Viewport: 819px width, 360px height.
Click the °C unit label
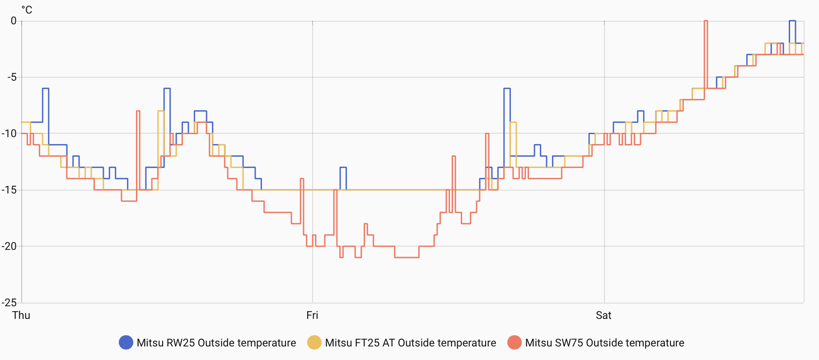27,10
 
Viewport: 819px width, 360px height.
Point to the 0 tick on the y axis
14,21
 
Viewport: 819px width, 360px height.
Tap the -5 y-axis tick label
12,77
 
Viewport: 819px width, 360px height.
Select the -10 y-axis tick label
9,133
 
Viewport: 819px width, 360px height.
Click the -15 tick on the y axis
9,190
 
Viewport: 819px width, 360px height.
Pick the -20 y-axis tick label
9,246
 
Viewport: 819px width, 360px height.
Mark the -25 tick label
9,303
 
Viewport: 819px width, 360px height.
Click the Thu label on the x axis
21,315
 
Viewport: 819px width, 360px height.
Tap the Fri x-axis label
312,315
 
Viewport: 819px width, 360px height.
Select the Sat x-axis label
604,315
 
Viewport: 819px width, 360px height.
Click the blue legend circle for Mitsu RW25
126,343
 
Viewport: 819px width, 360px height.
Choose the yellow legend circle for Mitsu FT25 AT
314,343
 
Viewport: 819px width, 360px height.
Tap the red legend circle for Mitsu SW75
515,343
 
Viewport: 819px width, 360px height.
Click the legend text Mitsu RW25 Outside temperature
216,343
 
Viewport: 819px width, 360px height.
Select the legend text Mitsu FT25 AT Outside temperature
411,343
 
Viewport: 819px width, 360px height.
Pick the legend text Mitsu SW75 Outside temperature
604,343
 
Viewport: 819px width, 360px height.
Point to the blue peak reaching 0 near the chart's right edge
792,21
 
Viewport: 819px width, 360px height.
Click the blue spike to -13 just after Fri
343,168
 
